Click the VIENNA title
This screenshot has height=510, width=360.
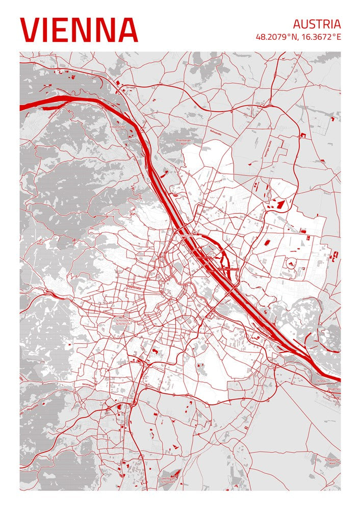tap(79, 30)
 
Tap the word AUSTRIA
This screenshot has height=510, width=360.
tap(316, 24)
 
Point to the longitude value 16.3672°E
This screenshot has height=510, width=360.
tap(321, 37)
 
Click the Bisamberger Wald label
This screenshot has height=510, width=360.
tap(182, 141)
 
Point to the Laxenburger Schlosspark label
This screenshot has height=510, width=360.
tap(168, 479)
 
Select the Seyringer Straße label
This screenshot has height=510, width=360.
tap(265, 149)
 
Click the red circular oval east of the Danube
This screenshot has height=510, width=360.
tap(291, 264)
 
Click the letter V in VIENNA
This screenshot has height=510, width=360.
tap(31, 30)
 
